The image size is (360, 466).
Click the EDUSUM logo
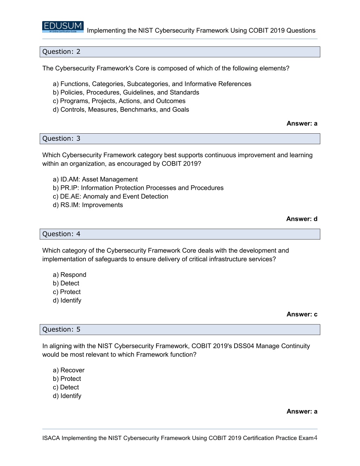(63, 27)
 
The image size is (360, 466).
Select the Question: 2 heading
(61, 52)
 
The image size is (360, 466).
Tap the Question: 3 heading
(61, 139)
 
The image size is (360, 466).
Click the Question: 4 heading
(61, 234)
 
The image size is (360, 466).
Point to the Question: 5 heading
(61, 330)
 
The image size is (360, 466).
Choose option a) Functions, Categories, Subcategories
(152, 84)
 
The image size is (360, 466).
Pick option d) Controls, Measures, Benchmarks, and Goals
(121, 110)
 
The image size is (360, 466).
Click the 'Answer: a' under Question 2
(302, 123)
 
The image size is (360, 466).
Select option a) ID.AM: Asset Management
(95, 179)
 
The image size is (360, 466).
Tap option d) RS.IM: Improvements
(88, 205)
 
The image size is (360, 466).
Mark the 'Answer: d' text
(302, 219)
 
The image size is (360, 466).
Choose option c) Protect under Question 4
(67, 292)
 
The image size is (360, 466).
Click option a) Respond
(70, 275)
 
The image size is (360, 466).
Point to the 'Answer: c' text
(302, 314)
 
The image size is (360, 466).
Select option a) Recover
(69, 370)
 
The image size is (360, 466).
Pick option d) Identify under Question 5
(67, 396)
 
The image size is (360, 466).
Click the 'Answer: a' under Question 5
(302, 411)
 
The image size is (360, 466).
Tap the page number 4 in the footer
(315, 438)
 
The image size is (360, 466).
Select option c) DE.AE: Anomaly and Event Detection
(110, 197)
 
